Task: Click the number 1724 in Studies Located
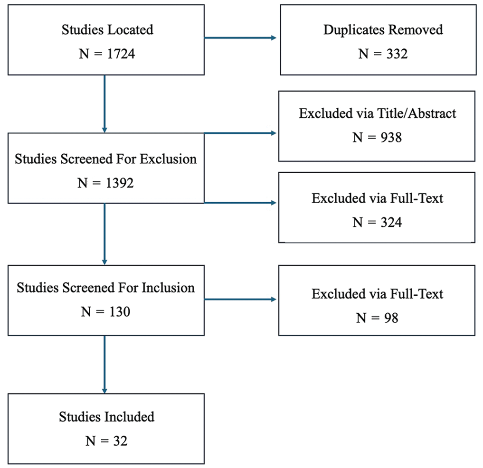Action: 121,54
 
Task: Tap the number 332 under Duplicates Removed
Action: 397,54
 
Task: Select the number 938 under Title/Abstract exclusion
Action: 391,137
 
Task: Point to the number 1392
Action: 120,183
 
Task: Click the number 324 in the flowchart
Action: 391,222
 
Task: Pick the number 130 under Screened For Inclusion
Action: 120,312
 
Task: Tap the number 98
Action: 391,318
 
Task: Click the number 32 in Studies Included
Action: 120,441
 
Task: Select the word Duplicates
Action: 354,30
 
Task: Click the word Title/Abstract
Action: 417,113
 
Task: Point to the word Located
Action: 130,30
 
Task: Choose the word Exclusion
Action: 168,159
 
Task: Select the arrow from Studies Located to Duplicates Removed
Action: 240,38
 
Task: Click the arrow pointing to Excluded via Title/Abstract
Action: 240,133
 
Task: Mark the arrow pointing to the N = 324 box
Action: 240,203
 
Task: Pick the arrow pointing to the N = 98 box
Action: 240,300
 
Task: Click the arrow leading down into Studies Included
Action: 104,365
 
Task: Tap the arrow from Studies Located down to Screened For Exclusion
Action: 104,104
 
